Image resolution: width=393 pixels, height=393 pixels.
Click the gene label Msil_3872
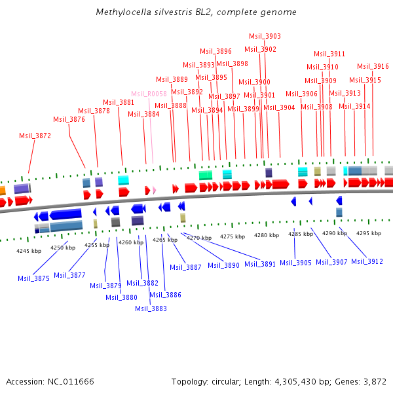tap(35, 136)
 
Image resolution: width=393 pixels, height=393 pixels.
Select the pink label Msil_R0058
tap(149, 94)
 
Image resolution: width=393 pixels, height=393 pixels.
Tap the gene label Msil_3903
tap(265, 37)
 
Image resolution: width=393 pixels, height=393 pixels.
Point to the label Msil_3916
tap(373, 66)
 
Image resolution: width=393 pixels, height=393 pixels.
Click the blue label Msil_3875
tap(33, 278)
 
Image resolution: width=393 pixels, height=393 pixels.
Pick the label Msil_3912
tap(367, 262)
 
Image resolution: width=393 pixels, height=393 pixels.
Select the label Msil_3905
tap(295, 263)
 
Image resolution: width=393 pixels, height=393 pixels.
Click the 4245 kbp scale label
tap(29, 250)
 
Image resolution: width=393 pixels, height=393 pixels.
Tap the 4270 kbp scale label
tap(198, 238)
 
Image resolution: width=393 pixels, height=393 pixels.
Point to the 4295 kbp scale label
tap(369, 233)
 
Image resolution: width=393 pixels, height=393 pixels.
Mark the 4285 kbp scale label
tap(301, 234)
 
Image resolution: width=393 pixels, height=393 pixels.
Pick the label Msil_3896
tap(215, 51)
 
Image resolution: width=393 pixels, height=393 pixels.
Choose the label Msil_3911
tap(329, 54)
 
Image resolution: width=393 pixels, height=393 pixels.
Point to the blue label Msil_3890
tap(223, 265)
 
